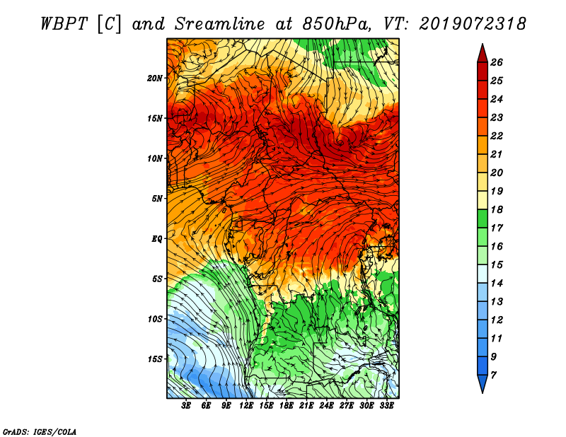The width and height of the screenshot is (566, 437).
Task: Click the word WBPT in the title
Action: pos(64,24)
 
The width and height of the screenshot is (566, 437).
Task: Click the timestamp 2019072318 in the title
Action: pos(473,24)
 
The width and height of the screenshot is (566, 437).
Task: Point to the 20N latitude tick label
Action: pos(155,78)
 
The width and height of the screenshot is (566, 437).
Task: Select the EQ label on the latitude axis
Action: pos(157,239)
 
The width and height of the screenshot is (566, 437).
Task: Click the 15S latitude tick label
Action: pos(155,359)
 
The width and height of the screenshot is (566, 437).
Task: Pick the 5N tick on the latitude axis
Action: pos(157,199)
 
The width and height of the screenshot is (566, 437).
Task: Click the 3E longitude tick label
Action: pos(186,406)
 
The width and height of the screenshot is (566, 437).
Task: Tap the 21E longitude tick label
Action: pos(306,406)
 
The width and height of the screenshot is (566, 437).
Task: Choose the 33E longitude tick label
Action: pos(386,406)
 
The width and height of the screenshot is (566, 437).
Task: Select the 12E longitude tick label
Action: pos(246,406)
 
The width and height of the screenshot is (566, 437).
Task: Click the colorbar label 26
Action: pos(497,62)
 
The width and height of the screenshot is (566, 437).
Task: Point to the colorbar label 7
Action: pos(494,375)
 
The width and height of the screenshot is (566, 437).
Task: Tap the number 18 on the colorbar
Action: pos(497,209)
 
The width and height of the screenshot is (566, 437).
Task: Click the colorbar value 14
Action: pos(497,284)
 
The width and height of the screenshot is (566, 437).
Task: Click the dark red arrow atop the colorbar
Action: pos(483,54)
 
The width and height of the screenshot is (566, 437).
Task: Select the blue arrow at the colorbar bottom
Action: pos(483,383)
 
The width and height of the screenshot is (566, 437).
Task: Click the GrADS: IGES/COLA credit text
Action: pos(40,432)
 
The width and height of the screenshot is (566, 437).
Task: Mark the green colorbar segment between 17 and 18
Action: pos(483,218)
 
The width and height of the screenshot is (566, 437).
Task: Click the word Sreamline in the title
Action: pos(219,24)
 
